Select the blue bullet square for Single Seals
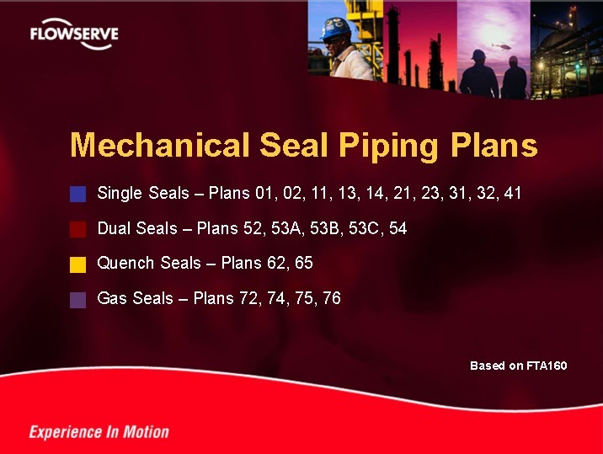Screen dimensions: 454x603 coord(78,195)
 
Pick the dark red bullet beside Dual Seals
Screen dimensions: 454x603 coord(78,229)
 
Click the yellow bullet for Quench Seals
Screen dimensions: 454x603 coord(78,264)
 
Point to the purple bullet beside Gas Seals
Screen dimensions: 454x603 coord(78,300)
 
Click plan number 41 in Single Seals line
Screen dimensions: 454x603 coord(512,194)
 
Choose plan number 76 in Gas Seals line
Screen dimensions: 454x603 coord(331,298)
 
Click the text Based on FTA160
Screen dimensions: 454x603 coord(518,366)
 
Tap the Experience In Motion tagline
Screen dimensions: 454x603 coord(99,432)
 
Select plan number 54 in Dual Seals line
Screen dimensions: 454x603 coord(398,228)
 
